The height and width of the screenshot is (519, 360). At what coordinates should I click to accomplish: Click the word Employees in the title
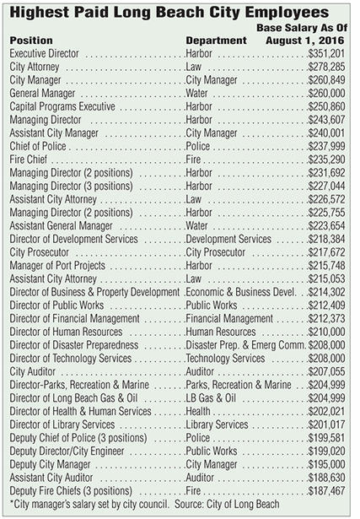click(287, 13)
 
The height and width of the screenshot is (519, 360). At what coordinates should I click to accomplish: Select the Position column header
click(31, 41)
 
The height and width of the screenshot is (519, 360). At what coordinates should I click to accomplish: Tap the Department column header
click(216, 41)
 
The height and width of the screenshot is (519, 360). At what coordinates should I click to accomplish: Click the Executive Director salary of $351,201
click(326, 53)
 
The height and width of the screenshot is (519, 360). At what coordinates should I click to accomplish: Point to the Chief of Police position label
click(38, 146)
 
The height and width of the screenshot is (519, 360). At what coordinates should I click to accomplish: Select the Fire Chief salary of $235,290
click(326, 159)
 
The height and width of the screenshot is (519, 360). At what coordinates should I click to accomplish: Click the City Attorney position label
click(35, 67)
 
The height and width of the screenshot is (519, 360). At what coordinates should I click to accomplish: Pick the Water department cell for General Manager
click(196, 93)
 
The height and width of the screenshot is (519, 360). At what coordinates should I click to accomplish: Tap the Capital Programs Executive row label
click(62, 106)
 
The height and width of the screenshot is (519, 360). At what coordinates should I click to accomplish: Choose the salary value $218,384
click(326, 239)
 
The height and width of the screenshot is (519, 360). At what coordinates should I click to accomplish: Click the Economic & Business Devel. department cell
click(241, 292)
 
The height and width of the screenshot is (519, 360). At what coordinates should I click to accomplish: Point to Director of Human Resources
click(66, 332)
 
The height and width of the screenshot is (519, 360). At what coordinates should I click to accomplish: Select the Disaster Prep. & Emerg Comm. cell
click(245, 344)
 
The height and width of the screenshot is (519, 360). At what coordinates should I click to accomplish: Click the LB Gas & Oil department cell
click(211, 397)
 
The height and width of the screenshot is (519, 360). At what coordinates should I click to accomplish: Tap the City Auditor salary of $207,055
click(326, 371)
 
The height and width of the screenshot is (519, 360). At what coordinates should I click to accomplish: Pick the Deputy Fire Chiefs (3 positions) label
click(71, 490)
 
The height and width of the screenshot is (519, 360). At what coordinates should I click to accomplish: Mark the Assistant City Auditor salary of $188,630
click(326, 478)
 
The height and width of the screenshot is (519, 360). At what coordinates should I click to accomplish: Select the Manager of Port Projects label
click(57, 265)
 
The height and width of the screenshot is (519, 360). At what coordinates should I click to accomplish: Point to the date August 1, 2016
click(305, 41)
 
